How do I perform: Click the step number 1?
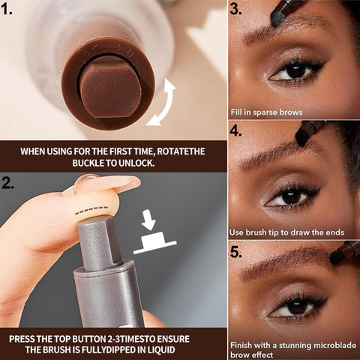10,11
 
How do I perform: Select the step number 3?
238,10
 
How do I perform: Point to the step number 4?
238,130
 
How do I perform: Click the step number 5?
238,251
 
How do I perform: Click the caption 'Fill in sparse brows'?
267,112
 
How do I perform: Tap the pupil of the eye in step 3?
295,70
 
